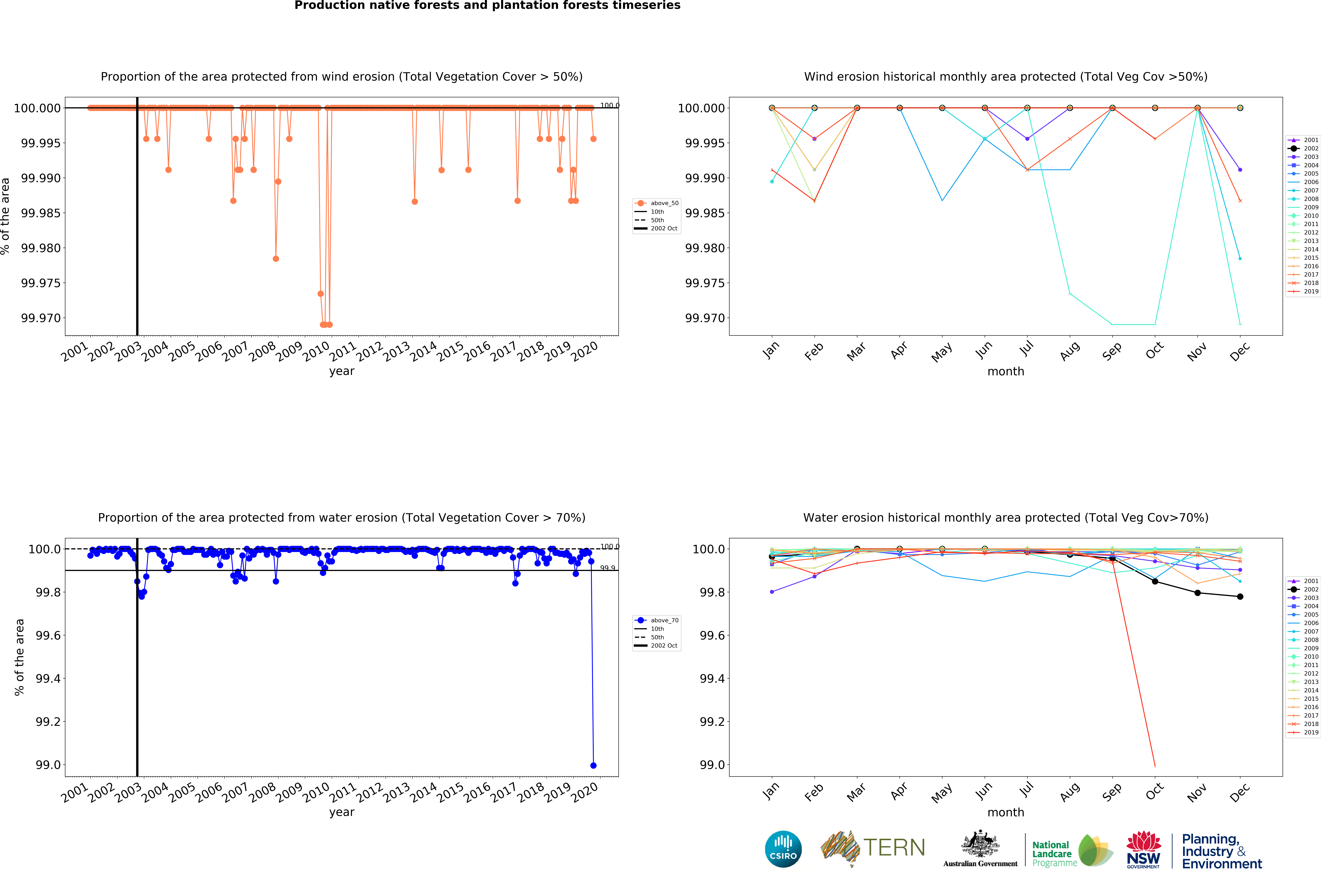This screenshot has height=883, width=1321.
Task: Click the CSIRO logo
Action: (783, 849)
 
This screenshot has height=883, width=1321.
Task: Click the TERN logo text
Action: (894, 847)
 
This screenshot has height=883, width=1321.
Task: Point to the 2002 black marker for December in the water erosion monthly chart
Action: (1240, 596)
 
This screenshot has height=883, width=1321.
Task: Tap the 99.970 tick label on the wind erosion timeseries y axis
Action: (40, 318)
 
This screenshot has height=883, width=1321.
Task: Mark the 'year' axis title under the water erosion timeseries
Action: (342, 812)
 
